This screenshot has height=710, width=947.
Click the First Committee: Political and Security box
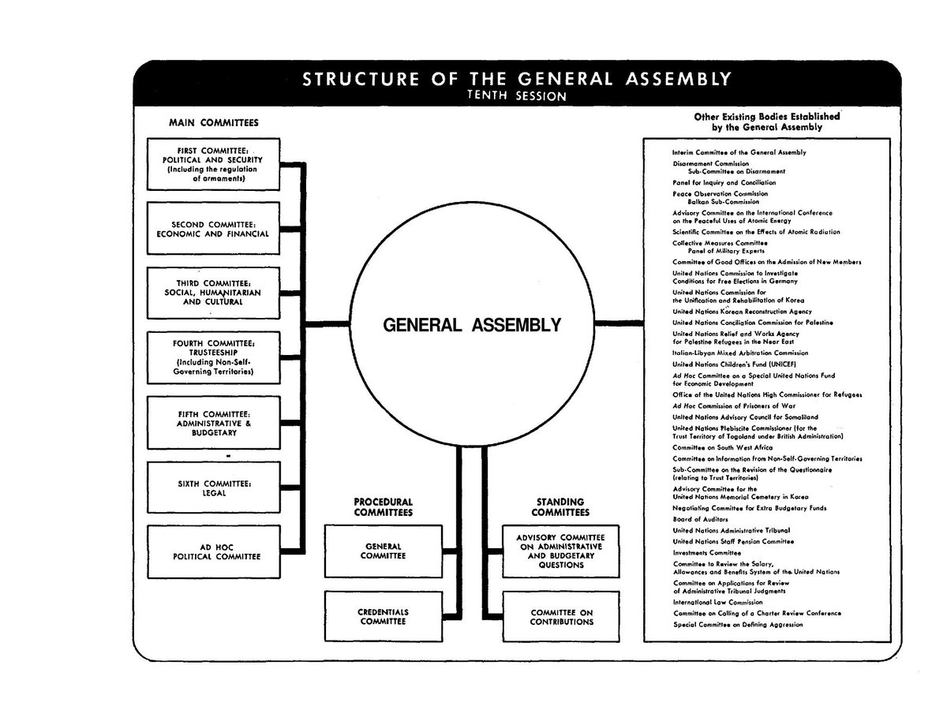[213, 164]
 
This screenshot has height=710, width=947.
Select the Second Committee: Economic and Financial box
[213, 229]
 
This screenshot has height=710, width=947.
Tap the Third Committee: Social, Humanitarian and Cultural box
[213, 293]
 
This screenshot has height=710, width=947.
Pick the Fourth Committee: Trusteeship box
[213, 357]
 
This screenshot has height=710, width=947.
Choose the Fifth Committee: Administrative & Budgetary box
[213, 422]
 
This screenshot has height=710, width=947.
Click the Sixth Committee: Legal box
[213, 488]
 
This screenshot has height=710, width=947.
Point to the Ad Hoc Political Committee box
[213, 551]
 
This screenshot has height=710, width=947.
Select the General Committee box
[384, 551]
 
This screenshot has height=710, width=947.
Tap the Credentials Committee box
[384, 616]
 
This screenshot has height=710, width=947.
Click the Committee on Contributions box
[561, 616]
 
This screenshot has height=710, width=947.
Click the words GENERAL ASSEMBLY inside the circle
[472, 324]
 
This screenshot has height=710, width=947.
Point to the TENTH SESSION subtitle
[517, 96]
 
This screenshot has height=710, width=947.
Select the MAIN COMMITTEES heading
[213, 123]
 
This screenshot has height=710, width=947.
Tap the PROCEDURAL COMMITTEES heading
[384, 507]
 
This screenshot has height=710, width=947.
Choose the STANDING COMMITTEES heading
[560, 507]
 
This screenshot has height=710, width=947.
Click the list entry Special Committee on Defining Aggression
[738, 624]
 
